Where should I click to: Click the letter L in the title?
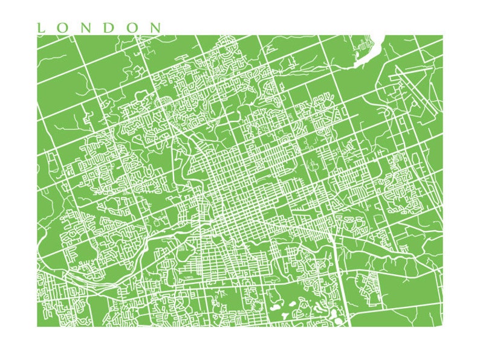click(41, 28)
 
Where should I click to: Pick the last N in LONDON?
click(156, 28)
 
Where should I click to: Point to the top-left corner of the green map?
click(37, 36)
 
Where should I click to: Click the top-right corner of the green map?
click(442, 36)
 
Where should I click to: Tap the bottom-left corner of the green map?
click(37, 326)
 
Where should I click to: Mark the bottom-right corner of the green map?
click(442, 326)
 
